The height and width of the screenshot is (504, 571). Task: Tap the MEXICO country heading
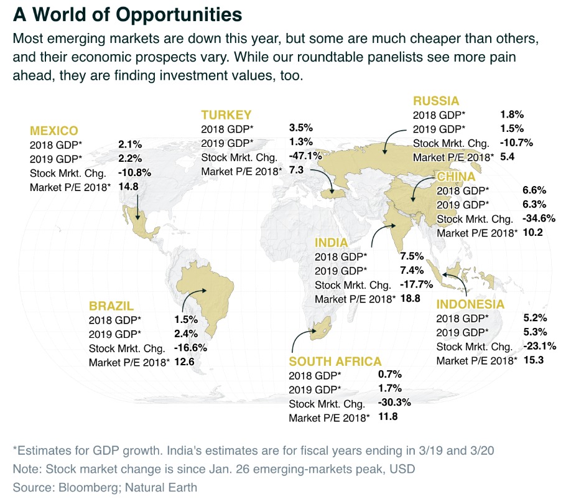[x=54, y=131]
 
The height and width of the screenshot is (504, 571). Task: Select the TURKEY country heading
[x=226, y=114]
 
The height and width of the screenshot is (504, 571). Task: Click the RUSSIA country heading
[x=436, y=101]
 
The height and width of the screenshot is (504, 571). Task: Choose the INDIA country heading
[x=332, y=242]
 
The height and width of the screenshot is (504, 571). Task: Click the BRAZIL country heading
[x=111, y=306]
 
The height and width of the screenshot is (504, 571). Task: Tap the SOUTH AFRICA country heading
[x=335, y=361]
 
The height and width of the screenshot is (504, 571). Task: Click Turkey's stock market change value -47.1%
[x=305, y=156]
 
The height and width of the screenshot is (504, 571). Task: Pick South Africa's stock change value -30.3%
[x=394, y=403]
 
